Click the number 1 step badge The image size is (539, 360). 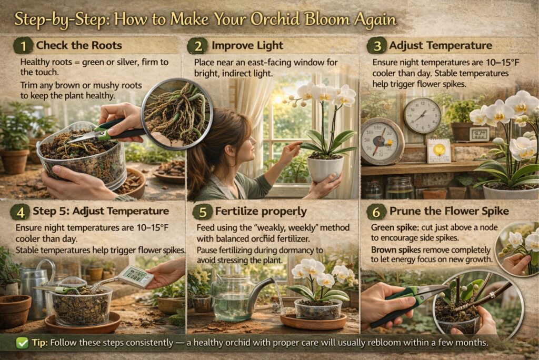point(23,46)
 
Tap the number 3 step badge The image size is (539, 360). point(376,46)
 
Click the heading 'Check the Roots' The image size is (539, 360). point(79,45)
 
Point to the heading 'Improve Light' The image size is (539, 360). point(247,46)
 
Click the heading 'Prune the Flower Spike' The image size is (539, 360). point(449,212)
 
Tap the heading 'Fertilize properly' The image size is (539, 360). point(261,212)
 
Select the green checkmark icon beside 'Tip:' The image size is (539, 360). point(22,343)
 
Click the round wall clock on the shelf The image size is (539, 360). point(422,116)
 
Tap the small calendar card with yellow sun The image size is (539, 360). point(438,151)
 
